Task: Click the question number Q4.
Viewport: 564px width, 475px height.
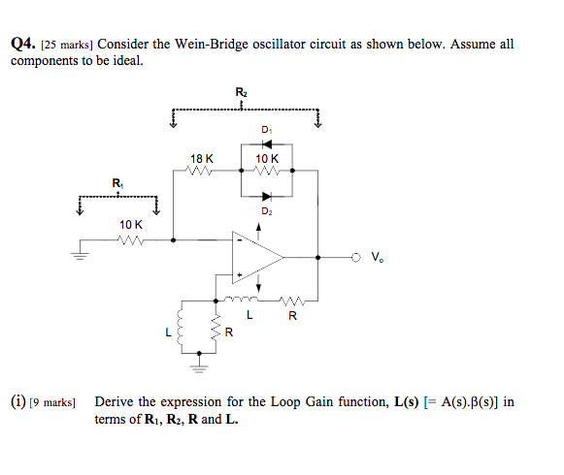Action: point(23,45)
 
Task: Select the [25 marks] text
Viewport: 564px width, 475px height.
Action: point(69,46)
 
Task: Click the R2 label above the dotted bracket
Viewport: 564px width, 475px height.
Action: point(241,92)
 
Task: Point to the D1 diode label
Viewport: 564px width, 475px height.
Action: point(266,129)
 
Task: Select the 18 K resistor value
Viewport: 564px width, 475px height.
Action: point(203,158)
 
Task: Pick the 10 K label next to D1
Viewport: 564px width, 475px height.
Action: point(266,158)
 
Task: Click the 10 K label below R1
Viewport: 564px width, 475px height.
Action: point(130,225)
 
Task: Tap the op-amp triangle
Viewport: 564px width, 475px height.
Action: point(254,258)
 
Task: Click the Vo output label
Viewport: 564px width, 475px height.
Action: point(376,258)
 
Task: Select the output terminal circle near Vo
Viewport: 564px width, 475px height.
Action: point(356,258)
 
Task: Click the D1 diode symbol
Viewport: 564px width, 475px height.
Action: point(266,143)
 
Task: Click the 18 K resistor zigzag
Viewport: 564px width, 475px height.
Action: point(203,170)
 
